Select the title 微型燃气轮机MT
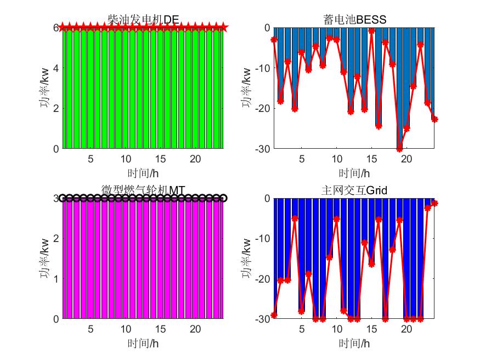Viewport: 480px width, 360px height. [143, 190]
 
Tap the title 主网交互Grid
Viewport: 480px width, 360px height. [354, 190]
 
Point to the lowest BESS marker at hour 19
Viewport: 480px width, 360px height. [399, 149]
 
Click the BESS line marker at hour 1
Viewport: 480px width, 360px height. [274, 40]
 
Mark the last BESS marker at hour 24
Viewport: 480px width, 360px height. [434, 119]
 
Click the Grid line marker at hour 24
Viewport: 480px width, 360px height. [434, 203]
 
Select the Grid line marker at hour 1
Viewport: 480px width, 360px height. [274, 315]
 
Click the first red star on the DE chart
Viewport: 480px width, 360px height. [63, 27]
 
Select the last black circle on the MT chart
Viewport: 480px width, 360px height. [223, 198]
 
